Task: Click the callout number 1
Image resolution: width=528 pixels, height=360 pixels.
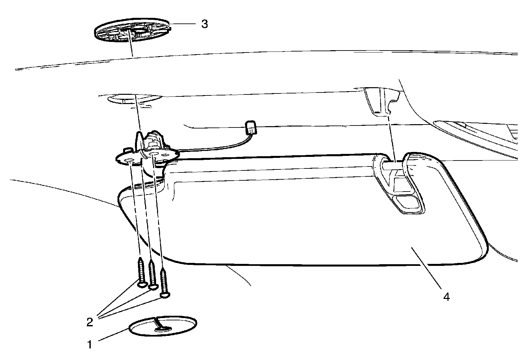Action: (x=89, y=345)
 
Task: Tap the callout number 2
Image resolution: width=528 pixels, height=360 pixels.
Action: (x=89, y=322)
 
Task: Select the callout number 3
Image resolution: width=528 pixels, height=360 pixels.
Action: (x=205, y=24)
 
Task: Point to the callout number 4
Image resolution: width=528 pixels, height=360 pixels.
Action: (x=446, y=297)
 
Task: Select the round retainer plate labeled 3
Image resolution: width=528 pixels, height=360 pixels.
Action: (x=132, y=31)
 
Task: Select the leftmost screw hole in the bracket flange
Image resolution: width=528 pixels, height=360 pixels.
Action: (x=129, y=161)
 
